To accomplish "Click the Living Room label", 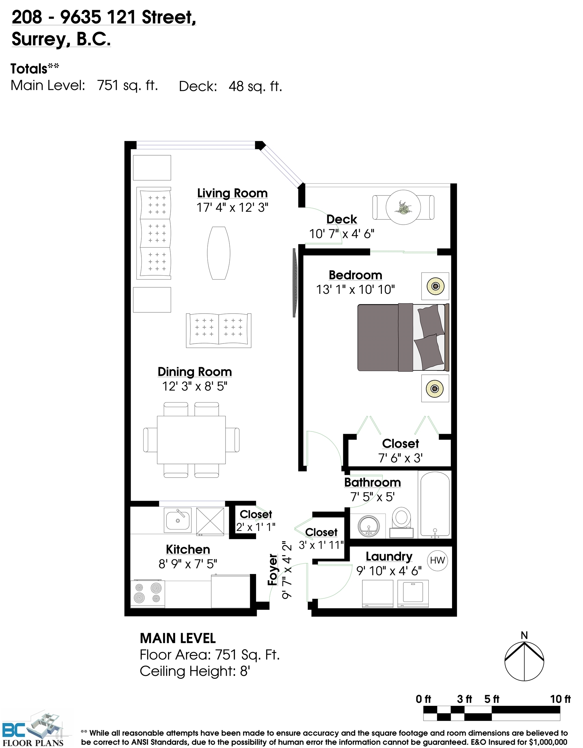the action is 232,193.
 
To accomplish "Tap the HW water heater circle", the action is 437,560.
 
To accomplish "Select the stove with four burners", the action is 148,593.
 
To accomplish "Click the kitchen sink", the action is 177,520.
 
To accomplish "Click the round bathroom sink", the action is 369,525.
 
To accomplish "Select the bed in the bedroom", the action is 403,337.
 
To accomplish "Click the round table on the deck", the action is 403,207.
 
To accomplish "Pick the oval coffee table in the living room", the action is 218,253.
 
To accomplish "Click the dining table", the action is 191,440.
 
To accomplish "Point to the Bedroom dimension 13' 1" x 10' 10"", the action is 355,290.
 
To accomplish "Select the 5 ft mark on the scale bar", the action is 491,699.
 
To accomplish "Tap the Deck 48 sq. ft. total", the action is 230,86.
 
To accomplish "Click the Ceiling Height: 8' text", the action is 195,671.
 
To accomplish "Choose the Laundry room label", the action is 389,556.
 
